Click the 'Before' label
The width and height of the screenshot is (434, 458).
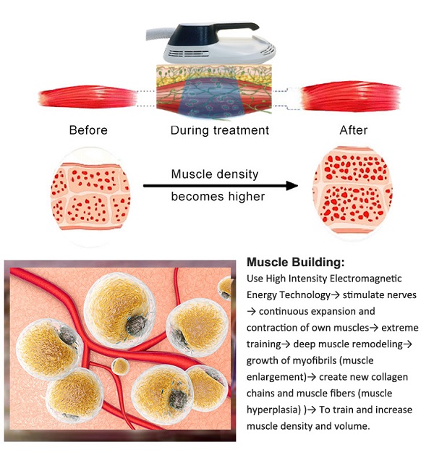coord(88,130)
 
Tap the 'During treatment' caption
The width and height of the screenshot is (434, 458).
coord(220,130)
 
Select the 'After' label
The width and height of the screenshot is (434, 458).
coord(354,130)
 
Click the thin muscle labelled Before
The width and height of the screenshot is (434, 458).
coord(88,97)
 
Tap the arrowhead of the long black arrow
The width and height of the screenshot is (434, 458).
coord(292,185)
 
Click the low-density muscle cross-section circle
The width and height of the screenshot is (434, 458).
coord(90,197)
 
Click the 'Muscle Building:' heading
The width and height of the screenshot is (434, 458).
coord(296,262)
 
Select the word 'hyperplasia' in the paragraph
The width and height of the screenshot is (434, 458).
coord(273,410)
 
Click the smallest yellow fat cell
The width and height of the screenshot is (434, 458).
coord(120,367)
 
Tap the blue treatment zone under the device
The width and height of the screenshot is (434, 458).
coord(213,98)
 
